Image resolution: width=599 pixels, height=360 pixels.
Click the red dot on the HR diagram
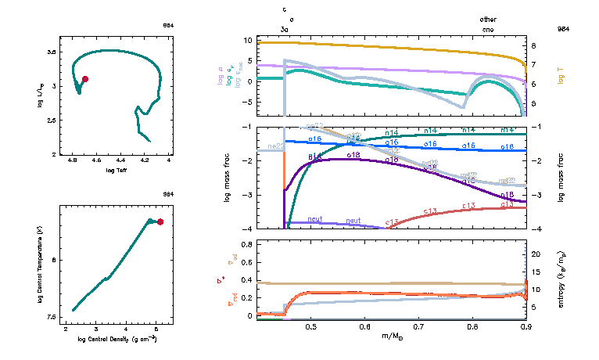coord(84,79)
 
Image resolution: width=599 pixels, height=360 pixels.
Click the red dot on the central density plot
coord(160,222)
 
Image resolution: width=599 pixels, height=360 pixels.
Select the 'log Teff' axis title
coord(117,170)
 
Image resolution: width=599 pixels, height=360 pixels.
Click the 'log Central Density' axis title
coord(117,339)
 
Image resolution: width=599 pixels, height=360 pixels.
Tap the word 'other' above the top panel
coord(488,19)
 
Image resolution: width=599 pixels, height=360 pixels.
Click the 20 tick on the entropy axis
coord(536,254)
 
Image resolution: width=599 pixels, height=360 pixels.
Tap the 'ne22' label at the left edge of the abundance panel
coord(274,146)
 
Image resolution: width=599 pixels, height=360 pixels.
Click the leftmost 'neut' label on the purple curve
coord(316,219)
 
